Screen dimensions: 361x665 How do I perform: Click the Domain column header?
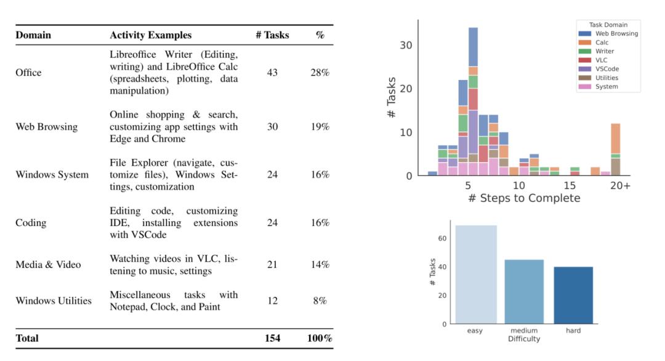coord(33,35)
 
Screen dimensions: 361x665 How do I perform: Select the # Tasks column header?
coord(272,35)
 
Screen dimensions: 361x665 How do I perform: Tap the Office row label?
coord(28,73)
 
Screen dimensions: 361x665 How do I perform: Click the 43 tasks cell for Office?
coord(272,73)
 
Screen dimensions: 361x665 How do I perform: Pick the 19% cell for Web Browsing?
coord(320,127)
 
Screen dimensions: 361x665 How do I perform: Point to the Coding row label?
coord(31,222)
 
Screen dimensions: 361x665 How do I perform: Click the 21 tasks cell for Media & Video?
coord(272,265)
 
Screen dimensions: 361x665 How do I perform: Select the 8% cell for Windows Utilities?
coord(320,301)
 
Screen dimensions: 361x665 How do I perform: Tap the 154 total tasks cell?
coord(272,338)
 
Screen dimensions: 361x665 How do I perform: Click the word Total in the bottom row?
coord(27,338)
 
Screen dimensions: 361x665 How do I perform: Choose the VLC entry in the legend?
coord(602,60)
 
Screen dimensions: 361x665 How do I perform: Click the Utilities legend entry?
coord(607,78)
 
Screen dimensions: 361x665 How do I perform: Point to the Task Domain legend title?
coord(608,25)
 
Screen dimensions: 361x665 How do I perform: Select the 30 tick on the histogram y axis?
coord(407,45)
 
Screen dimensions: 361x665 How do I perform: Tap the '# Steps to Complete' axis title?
coord(523,198)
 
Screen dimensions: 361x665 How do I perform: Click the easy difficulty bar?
coord(475,275)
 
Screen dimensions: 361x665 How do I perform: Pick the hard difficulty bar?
coord(573,295)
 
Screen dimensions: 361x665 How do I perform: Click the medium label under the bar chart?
coord(524,331)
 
